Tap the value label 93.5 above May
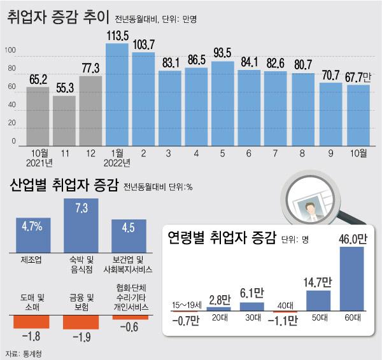point(222,52)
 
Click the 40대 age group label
point(285,305)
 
